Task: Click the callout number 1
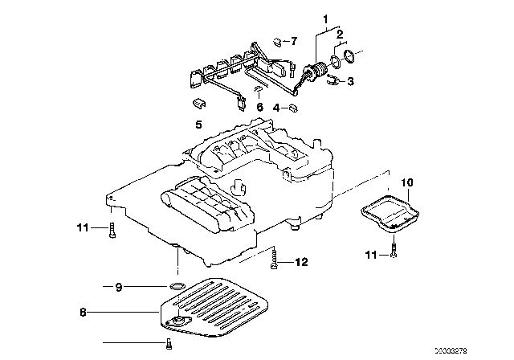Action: (325, 18)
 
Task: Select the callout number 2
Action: (340, 35)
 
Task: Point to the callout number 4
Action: (275, 108)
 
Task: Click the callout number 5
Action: (197, 125)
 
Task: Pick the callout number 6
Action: (259, 106)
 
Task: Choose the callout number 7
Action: (293, 40)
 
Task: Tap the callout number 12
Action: (302, 261)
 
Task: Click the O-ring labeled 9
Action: (177, 286)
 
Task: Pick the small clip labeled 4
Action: (294, 106)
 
